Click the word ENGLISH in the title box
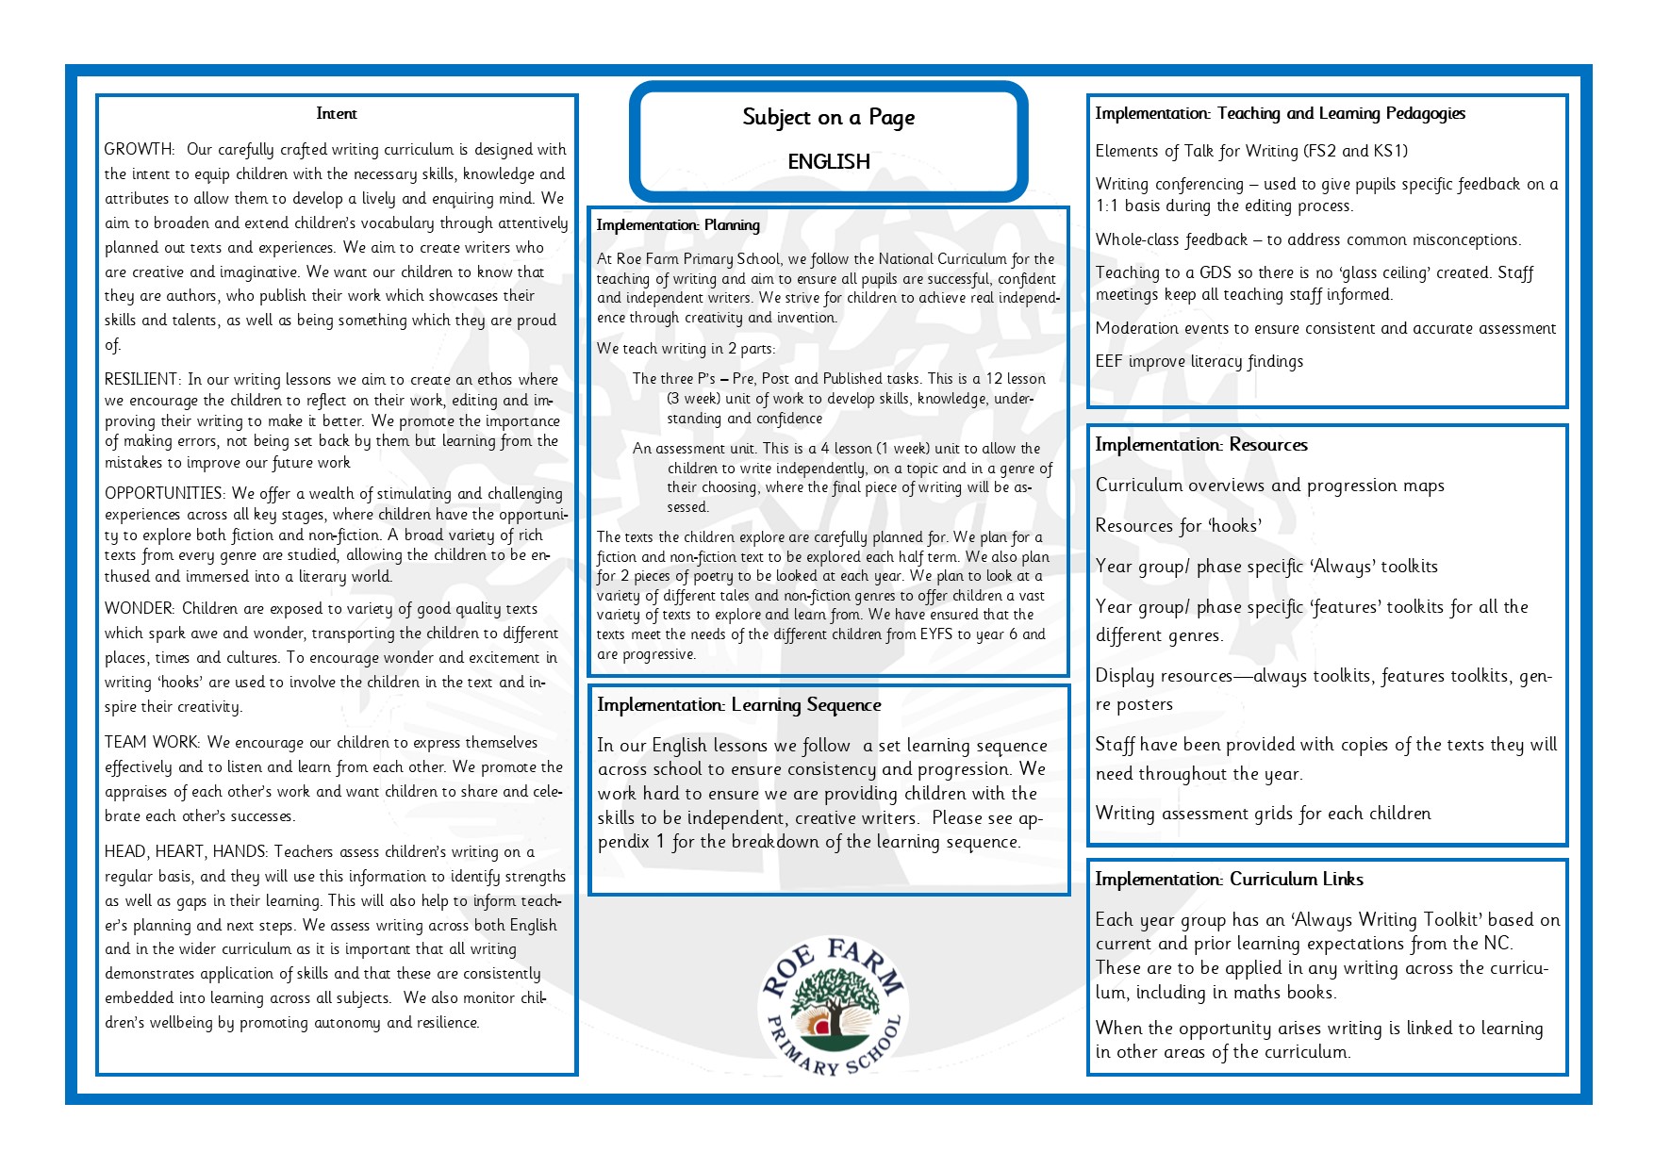(x=829, y=162)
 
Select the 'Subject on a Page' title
(x=828, y=118)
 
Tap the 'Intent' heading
(x=337, y=114)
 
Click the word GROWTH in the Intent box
(x=139, y=150)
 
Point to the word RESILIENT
(x=141, y=380)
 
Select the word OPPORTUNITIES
(x=163, y=494)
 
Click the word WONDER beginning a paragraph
(x=139, y=609)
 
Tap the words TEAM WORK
(x=151, y=743)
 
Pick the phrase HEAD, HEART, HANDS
(x=186, y=852)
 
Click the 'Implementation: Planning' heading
(x=678, y=225)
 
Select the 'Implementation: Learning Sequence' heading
(x=739, y=705)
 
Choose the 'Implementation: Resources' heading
(x=1201, y=445)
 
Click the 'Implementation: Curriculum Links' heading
(x=1229, y=880)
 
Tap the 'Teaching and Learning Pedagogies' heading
(x=1281, y=114)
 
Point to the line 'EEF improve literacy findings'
(x=1199, y=362)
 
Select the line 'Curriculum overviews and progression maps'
(x=1269, y=486)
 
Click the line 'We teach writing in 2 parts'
(x=686, y=349)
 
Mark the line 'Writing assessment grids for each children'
(x=1263, y=814)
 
